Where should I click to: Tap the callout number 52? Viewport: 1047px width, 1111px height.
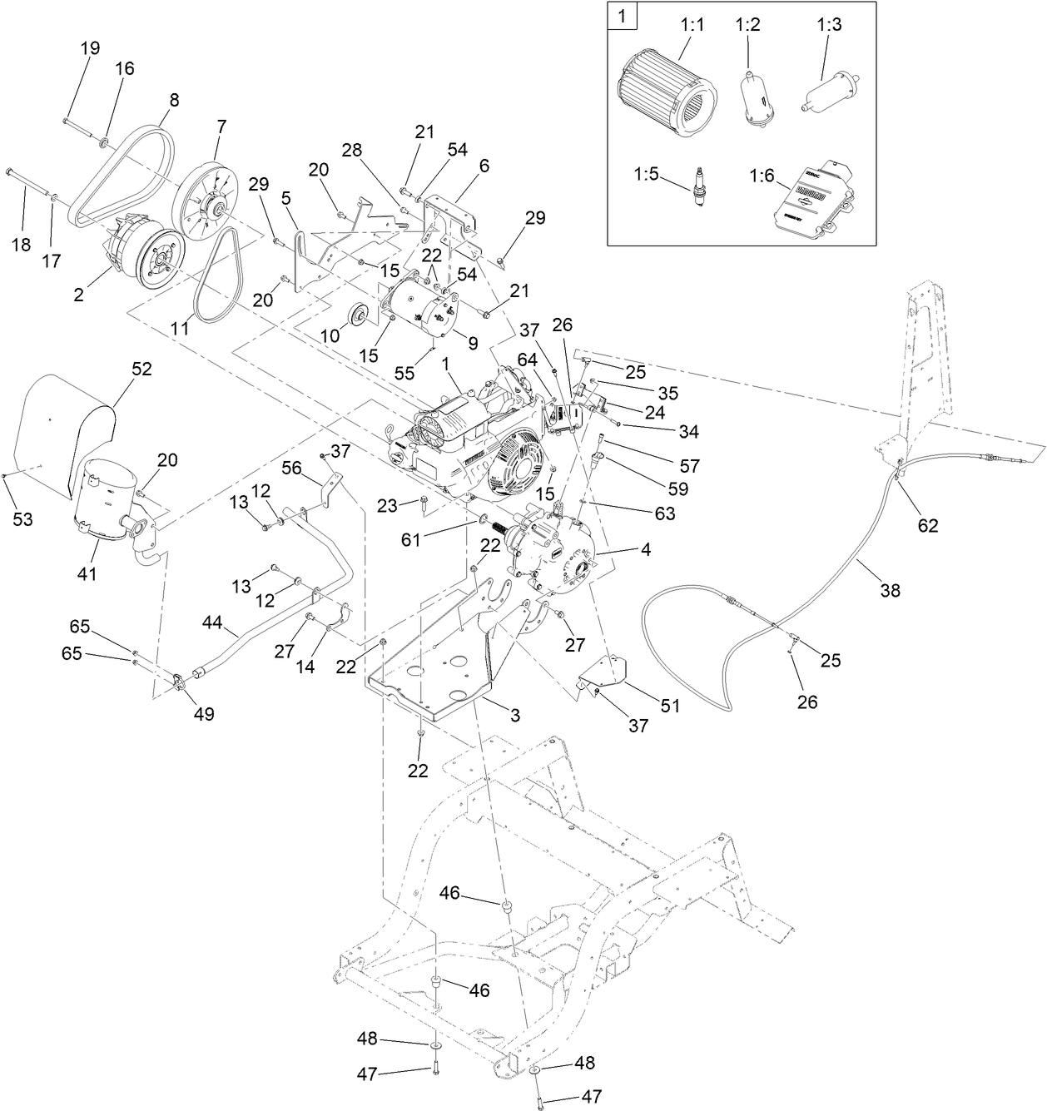click(142, 369)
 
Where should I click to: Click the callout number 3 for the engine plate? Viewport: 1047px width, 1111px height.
click(516, 715)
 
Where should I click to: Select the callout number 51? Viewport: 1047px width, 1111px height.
click(670, 706)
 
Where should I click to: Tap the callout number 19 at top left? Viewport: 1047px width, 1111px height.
click(90, 47)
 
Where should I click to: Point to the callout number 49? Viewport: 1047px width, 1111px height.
click(204, 713)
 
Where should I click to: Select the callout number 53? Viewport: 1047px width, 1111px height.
click(22, 519)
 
